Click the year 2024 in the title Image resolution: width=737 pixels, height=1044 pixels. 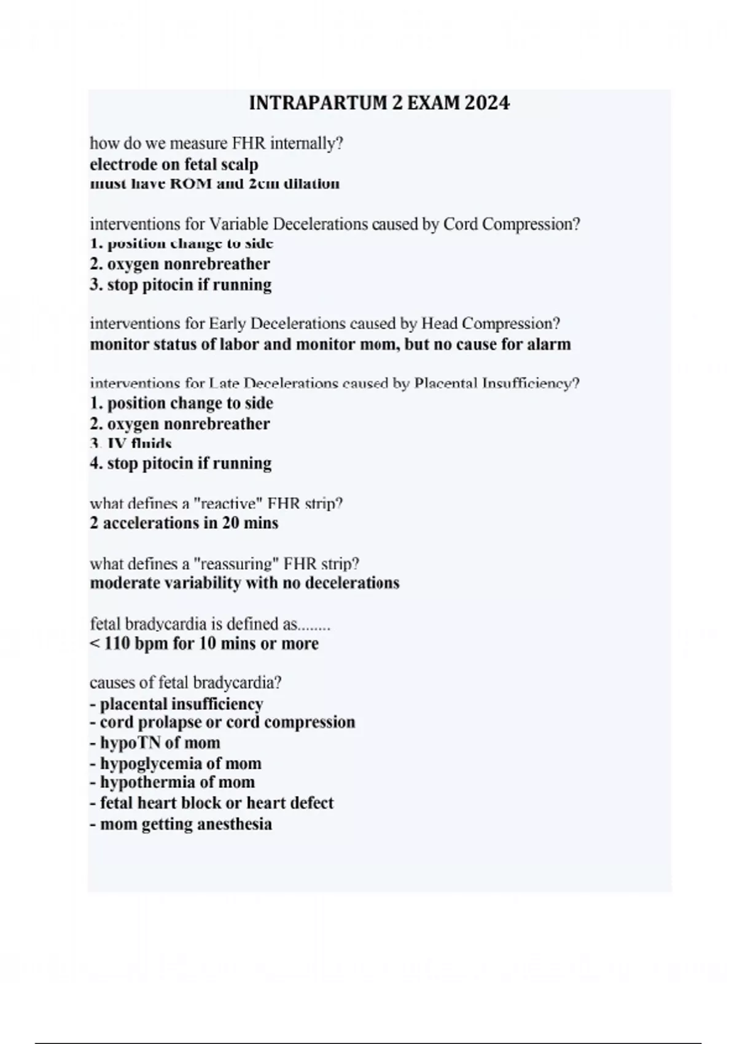(x=487, y=103)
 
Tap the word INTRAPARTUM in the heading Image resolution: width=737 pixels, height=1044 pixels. (x=318, y=103)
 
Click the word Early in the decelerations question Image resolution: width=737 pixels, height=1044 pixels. (x=228, y=324)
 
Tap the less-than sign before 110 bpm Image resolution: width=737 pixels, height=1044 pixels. (x=95, y=644)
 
